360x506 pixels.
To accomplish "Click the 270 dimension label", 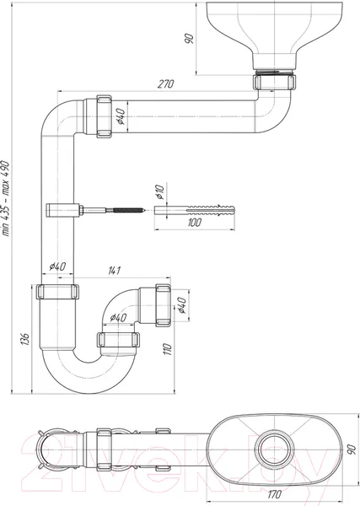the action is [165, 83].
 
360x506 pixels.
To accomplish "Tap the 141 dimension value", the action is [114, 270].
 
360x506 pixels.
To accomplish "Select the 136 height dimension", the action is [25, 339].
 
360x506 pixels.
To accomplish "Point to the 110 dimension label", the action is [167, 349].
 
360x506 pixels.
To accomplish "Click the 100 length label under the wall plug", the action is [194, 223].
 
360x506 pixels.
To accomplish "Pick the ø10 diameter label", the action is [159, 191].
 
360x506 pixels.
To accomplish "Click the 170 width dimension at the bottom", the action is [274, 493].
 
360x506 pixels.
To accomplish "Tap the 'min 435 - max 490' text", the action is [6, 198].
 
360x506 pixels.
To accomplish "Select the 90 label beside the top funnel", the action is [190, 39].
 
